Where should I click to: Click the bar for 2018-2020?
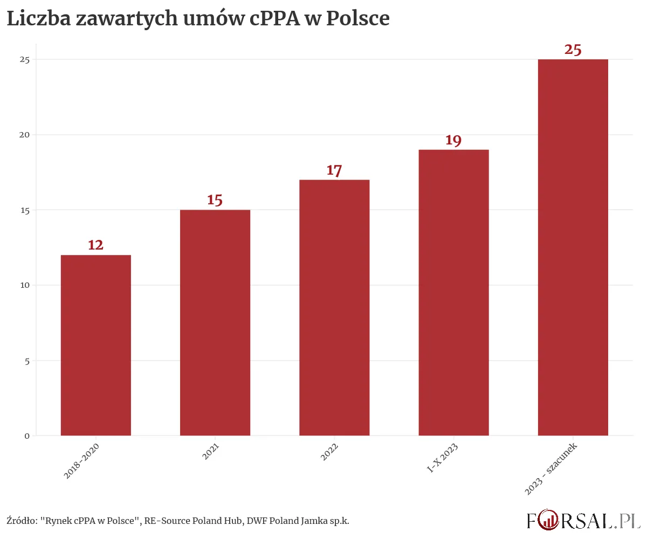tap(95, 345)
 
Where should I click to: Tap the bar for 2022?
tap(334, 307)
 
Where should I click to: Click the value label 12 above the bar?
tap(95, 245)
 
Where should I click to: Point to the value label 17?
tap(334, 171)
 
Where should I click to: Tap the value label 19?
tap(453, 141)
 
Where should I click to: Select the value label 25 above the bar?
tap(573, 50)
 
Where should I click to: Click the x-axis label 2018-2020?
tap(81, 461)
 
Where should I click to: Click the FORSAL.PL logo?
tap(583, 521)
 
